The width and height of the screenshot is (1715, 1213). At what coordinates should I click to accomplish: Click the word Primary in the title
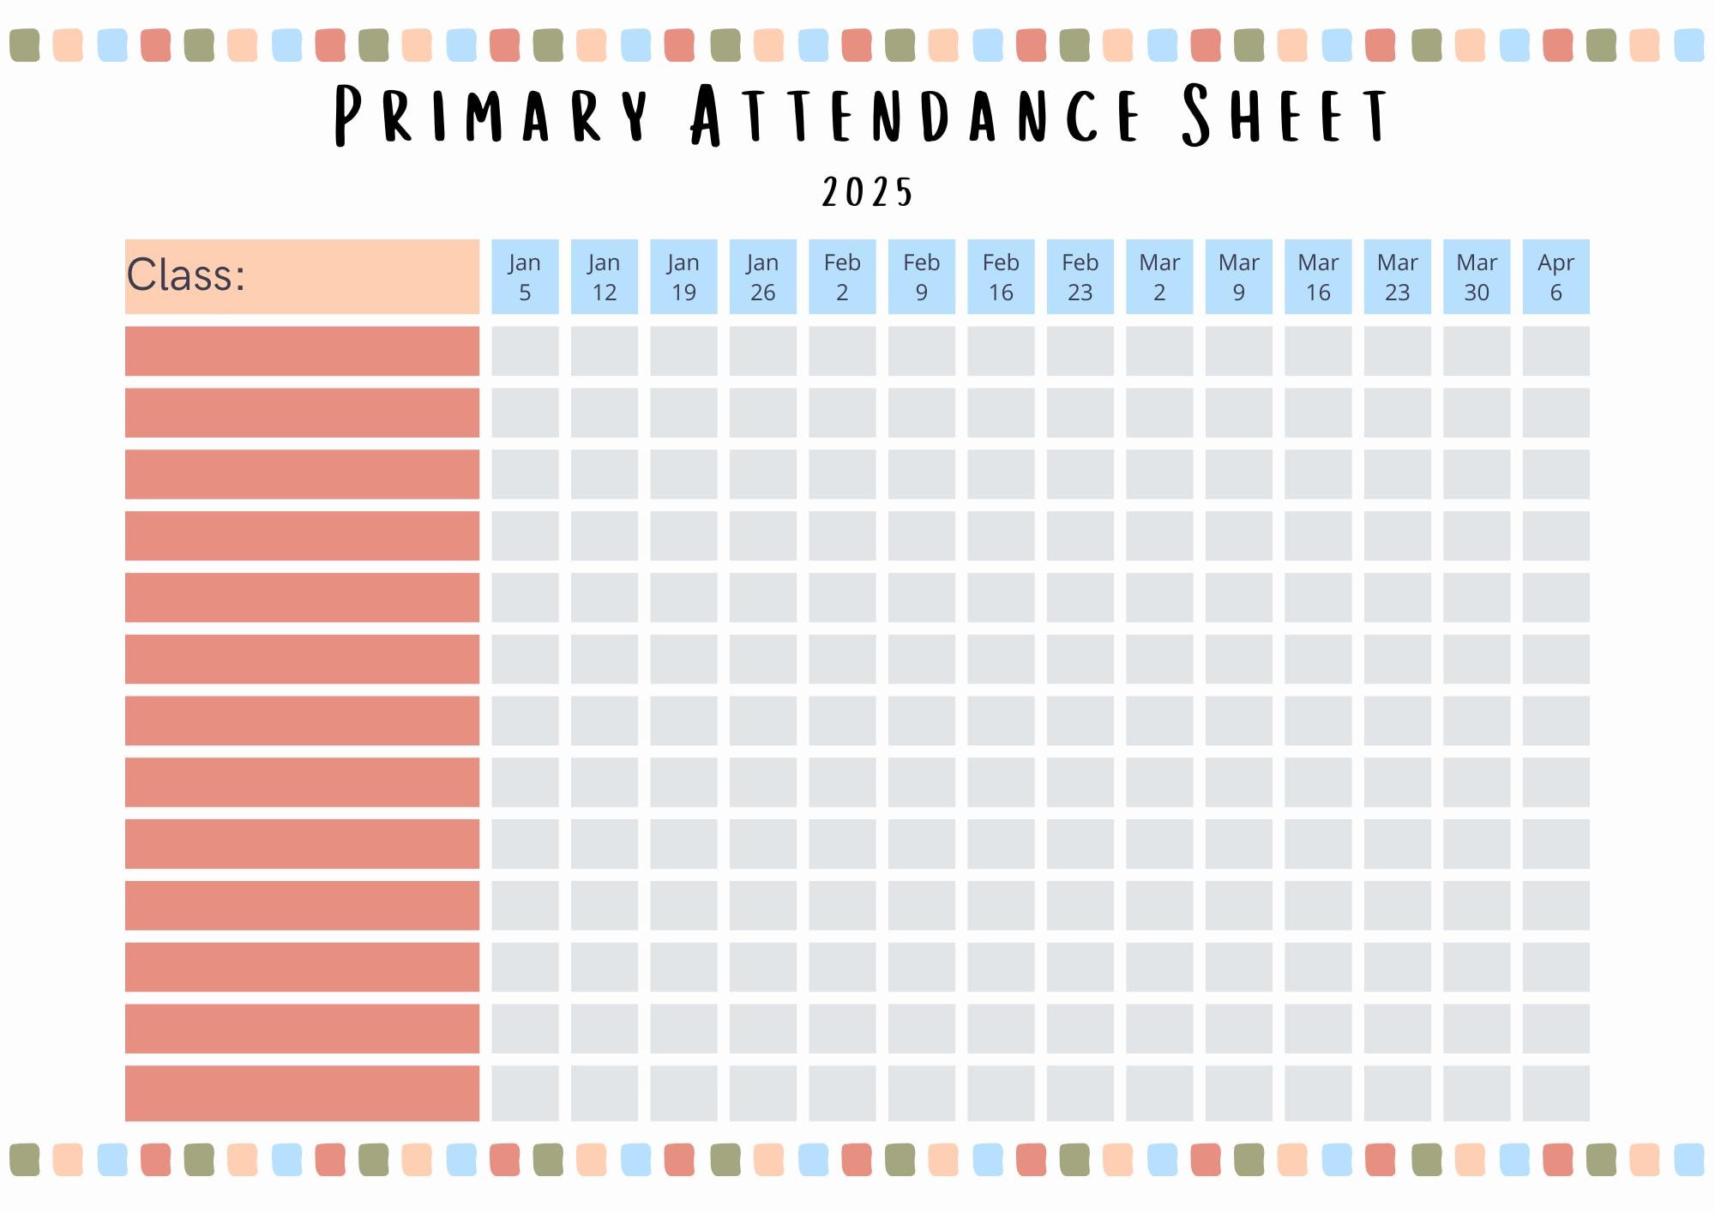(x=490, y=115)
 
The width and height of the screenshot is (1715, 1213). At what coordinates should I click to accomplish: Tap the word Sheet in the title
(x=1284, y=115)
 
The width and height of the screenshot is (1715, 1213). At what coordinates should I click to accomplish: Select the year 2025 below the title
(x=867, y=193)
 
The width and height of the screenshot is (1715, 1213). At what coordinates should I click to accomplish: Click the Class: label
(x=186, y=275)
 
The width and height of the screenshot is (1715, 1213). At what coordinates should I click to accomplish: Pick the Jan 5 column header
(x=525, y=276)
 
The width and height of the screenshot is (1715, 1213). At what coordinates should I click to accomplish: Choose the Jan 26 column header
(x=762, y=276)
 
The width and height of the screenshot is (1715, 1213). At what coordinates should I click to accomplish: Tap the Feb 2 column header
(x=842, y=276)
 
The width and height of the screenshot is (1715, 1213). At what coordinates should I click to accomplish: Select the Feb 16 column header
(x=1001, y=276)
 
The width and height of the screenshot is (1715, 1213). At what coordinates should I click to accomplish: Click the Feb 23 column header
(x=1080, y=276)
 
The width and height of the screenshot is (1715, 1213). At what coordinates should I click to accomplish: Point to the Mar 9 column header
(x=1238, y=276)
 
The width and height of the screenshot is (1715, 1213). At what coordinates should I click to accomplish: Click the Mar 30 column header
(x=1477, y=276)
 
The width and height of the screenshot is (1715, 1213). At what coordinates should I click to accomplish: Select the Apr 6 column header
(x=1556, y=276)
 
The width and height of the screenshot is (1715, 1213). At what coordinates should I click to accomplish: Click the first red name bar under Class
(x=302, y=351)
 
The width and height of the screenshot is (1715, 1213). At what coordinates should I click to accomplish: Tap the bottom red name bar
(x=302, y=1093)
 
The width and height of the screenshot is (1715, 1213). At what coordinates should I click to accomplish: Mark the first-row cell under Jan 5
(x=525, y=351)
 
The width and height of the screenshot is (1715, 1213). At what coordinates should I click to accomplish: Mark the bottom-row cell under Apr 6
(x=1556, y=1093)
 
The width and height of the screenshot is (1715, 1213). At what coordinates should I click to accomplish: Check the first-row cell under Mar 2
(x=1159, y=351)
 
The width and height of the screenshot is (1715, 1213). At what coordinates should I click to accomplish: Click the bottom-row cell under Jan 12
(x=605, y=1093)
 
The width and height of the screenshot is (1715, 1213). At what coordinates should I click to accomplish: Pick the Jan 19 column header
(x=683, y=276)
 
